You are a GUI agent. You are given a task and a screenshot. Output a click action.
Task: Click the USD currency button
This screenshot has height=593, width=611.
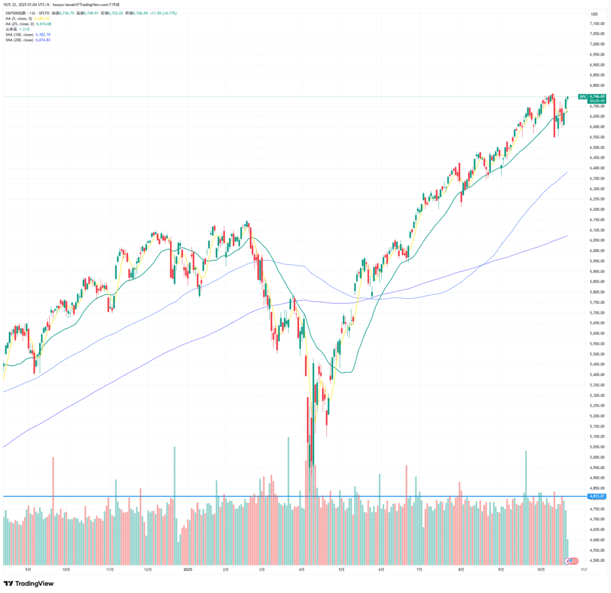pyautogui.click(x=594, y=14)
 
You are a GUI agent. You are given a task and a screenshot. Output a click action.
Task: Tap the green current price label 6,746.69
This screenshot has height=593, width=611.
pyautogui.click(x=597, y=96)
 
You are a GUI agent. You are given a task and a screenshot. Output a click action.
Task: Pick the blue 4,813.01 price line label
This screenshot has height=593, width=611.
pyautogui.click(x=597, y=496)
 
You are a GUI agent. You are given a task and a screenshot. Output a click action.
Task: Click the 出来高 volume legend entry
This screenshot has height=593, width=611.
pyautogui.click(x=11, y=29)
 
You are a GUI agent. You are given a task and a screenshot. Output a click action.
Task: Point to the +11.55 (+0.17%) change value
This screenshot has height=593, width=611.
pyautogui.click(x=177, y=13)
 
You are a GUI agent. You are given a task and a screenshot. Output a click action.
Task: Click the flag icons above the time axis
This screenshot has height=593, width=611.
pyautogui.click(x=572, y=561)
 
